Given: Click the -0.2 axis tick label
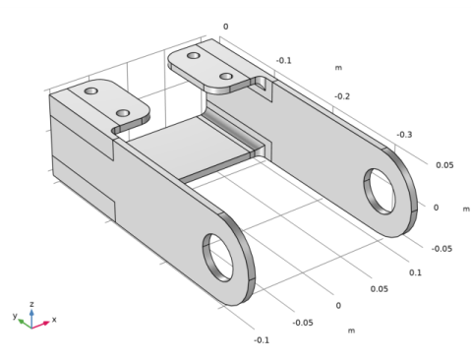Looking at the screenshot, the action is pos(342,96).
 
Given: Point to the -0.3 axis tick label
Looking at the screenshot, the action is pos(404,135).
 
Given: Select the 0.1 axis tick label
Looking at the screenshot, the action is pos(415,272).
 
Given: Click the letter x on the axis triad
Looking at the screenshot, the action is pos(54,320).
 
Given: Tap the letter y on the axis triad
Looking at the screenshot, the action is pos(15,316).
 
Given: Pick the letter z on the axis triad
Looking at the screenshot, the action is pos(31,304).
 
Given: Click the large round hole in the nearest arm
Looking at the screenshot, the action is pos(218,258).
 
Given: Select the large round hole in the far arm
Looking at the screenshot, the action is pos(380,192).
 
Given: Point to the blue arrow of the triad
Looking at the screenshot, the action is pos(31,318).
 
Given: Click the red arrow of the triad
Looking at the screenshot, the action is pos(40,325).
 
